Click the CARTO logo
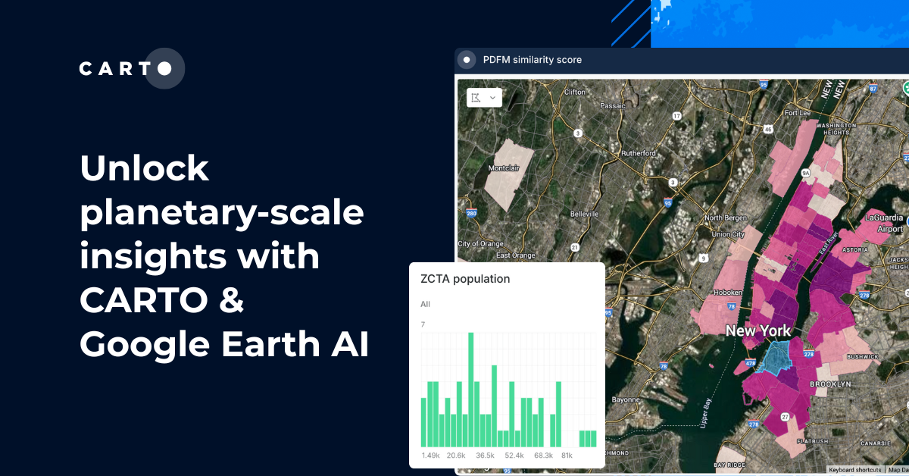pyautogui.click(x=131, y=69)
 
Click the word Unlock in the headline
pyautogui.click(x=144, y=168)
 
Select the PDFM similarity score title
pyautogui.click(x=532, y=60)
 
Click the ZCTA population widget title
pyautogui.click(x=465, y=279)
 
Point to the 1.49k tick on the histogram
pyautogui.click(x=430, y=456)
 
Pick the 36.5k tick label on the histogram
pyautogui.click(x=485, y=456)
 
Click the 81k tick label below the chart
pyautogui.click(x=566, y=456)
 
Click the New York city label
pyautogui.click(x=757, y=330)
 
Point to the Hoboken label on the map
pyautogui.click(x=729, y=293)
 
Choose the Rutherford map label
pyautogui.click(x=638, y=153)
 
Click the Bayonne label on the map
pyautogui.click(x=626, y=399)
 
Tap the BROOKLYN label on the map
pyautogui.click(x=831, y=384)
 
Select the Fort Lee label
pyautogui.click(x=798, y=113)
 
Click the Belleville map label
pyautogui.click(x=584, y=215)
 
